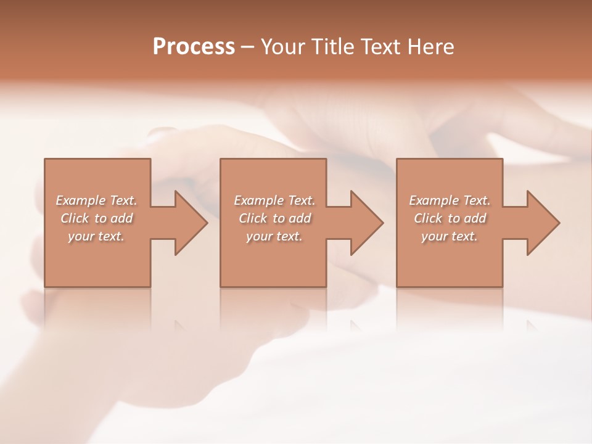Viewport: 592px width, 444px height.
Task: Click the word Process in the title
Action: [194, 47]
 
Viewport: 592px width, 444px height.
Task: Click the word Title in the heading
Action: [331, 47]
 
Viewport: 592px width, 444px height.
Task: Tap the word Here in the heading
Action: [430, 47]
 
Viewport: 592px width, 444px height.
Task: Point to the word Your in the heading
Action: [282, 47]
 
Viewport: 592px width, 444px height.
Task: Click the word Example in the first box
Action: [80, 200]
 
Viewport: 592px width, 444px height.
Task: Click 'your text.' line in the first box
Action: [96, 236]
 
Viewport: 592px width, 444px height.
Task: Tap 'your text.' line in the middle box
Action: [274, 236]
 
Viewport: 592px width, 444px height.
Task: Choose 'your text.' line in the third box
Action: [449, 236]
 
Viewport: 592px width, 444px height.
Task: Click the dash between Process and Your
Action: [248, 47]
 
